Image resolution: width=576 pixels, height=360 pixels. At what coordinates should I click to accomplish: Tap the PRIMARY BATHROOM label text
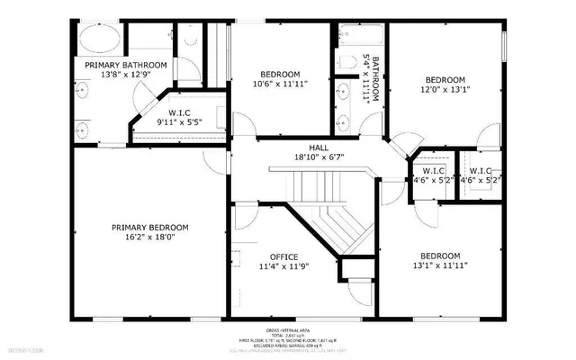pos(126,66)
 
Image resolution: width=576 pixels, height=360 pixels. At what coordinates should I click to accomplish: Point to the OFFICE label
pos(278,256)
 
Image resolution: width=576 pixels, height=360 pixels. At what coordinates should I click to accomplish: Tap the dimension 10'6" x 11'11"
pos(279,85)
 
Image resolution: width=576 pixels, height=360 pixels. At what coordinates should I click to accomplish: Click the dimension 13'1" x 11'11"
pos(441,265)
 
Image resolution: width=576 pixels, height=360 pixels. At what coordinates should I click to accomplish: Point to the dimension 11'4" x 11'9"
pos(278,267)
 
